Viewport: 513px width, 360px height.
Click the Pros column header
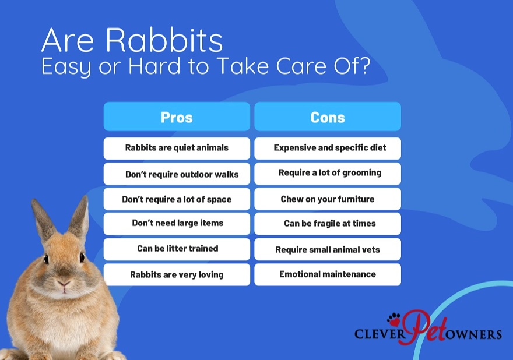[x=177, y=117]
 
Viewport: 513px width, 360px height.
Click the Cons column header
[x=328, y=117]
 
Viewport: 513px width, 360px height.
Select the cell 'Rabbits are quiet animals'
[x=177, y=148]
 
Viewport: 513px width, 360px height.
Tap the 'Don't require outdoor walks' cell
[x=177, y=174]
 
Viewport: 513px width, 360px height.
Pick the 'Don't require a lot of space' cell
[x=177, y=199]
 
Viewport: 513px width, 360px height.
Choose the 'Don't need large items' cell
[x=177, y=223]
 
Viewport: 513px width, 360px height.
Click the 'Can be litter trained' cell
[x=177, y=249]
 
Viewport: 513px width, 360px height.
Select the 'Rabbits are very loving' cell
[x=177, y=274]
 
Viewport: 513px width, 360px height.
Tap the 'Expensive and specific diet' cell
[x=328, y=148]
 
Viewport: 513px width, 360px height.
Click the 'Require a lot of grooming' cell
[x=328, y=173]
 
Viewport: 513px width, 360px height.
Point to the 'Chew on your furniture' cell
[x=328, y=199]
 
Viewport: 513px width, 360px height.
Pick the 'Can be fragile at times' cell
[x=328, y=223]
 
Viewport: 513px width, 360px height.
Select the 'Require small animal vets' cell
[x=328, y=249]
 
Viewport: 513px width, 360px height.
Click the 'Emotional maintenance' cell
[x=328, y=274]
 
